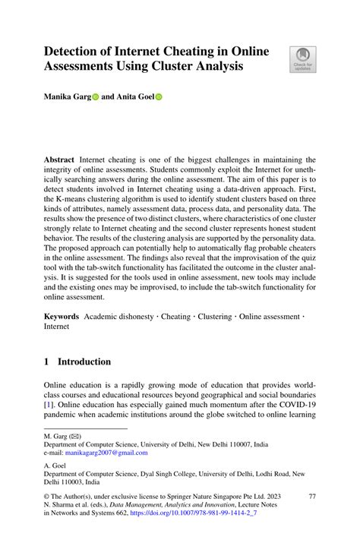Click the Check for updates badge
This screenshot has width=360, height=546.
[x=302, y=60]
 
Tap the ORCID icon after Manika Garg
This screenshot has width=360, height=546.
[x=96, y=98]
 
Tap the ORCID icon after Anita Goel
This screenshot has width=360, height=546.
[x=159, y=98]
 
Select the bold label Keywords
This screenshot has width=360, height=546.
[x=63, y=315]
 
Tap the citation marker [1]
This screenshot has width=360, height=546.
[x=49, y=406]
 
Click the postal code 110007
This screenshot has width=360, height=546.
[x=259, y=444]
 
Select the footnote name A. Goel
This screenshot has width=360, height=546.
[x=55, y=466]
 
